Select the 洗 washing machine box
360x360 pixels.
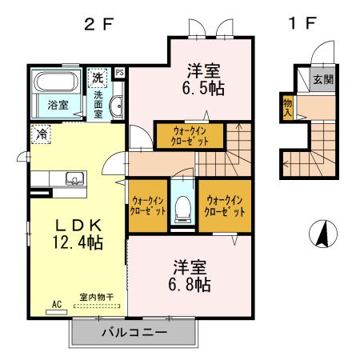tap(97, 78)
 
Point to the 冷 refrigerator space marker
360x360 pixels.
tap(39, 134)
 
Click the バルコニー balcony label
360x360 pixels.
tap(134, 331)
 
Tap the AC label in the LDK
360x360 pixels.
tap(57, 304)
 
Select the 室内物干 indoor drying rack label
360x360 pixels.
tap(96, 298)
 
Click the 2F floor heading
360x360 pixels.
tap(101, 22)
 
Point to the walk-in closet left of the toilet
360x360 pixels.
tap(147, 206)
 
